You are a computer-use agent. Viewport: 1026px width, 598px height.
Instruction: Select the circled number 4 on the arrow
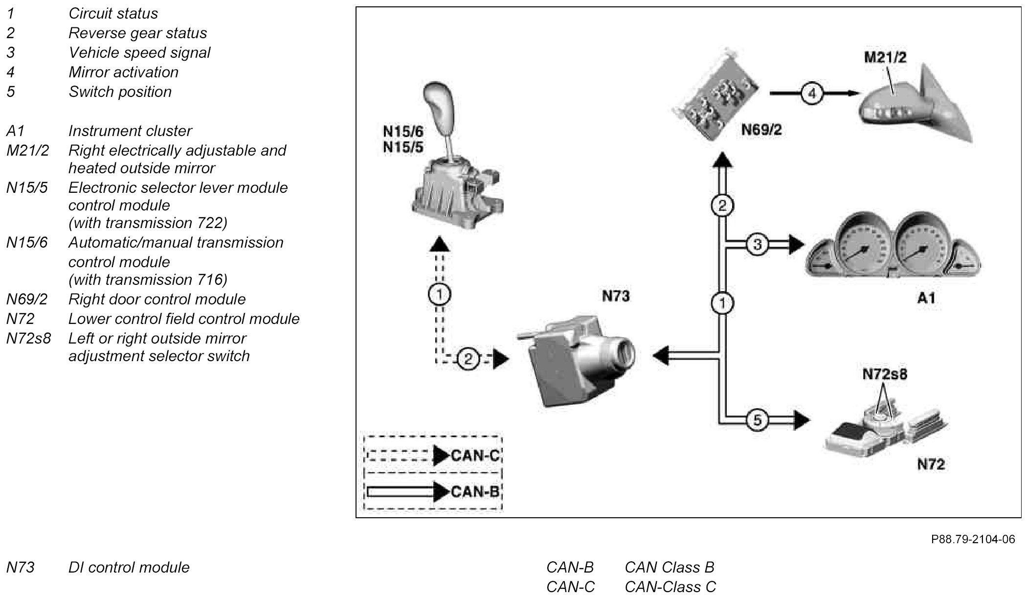812,93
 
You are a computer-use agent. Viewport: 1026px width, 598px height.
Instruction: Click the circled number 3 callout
757,244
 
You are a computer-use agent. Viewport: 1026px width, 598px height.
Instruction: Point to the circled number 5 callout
757,420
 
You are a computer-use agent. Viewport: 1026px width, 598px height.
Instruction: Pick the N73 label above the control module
615,296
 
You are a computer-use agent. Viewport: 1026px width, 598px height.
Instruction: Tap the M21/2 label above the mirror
885,57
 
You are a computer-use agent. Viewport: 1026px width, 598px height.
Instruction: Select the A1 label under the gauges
926,297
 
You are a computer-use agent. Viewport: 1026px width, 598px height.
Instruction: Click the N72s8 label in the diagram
885,374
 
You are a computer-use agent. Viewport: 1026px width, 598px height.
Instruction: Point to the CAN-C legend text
475,456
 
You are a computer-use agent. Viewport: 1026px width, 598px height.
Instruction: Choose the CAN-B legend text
475,491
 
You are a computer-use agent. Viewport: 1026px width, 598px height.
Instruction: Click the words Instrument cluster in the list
130,131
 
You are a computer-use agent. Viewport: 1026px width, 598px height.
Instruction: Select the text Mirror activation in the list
123,72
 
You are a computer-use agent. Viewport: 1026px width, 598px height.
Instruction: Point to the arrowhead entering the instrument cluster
796,244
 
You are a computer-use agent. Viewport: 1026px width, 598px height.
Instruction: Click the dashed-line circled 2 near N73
468,360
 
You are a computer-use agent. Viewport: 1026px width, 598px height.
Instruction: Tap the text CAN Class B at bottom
669,567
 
